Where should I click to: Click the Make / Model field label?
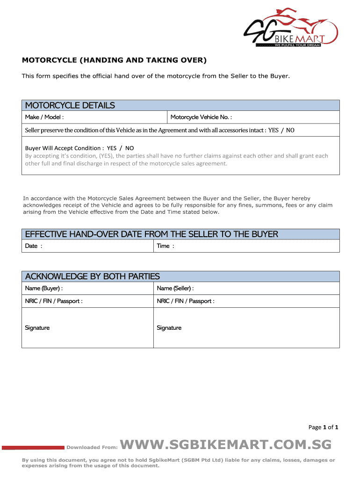pos(44,117)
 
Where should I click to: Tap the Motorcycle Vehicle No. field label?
pos(201,117)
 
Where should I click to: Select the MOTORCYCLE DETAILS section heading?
pos(70,105)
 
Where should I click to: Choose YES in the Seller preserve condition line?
pos(273,130)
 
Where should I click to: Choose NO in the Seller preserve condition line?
pos(290,130)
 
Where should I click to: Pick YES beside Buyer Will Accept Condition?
pos(112,148)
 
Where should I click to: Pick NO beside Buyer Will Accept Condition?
pos(129,148)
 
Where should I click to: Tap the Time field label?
pos(165,246)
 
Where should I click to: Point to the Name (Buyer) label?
pos(43,288)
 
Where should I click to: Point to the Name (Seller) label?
pos(175,288)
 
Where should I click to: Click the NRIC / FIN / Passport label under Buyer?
pos(54,301)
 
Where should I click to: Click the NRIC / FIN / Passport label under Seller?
pos(186,301)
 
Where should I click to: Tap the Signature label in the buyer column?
pos(37,328)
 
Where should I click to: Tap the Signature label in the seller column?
pos(169,328)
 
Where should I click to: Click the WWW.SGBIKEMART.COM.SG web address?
pos(226,444)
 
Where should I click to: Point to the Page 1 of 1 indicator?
pos(323,427)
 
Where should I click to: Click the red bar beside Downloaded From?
pos(33,448)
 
